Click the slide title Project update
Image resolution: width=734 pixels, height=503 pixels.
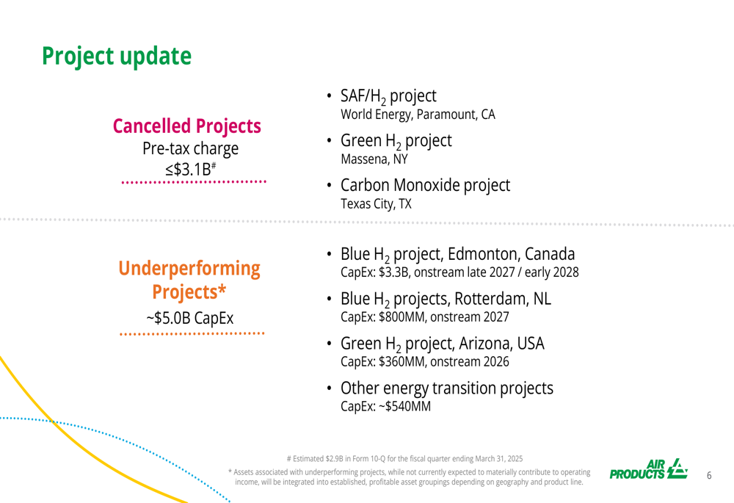(x=117, y=57)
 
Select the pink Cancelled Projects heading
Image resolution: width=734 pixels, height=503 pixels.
(x=186, y=126)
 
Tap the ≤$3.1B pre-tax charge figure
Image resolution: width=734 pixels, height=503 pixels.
(x=191, y=169)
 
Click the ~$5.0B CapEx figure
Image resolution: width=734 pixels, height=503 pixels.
(x=189, y=318)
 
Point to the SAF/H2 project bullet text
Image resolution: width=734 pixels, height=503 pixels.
(x=388, y=96)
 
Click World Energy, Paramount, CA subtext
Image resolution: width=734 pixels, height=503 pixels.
(x=418, y=115)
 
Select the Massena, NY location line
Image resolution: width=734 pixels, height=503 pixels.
(x=374, y=159)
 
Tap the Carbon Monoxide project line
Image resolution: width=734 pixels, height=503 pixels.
(x=425, y=186)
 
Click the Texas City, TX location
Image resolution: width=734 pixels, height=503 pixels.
(x=376, y=204)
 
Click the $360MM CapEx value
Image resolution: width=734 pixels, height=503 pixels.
(x=401, y=361)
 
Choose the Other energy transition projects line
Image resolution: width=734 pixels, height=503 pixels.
(x=446, y=388)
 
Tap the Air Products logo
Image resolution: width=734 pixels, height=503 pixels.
(x=648, y=469)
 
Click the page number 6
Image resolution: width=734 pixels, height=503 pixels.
(x=709, y=476)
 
